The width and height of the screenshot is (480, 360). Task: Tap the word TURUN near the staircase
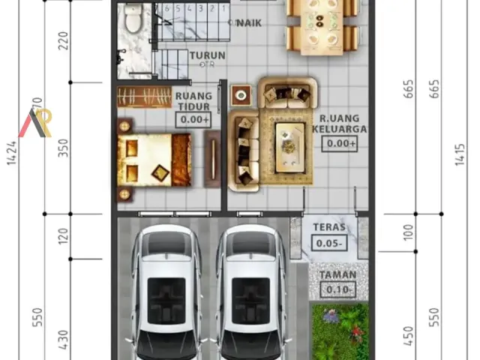207,55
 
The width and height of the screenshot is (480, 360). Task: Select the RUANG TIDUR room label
193,101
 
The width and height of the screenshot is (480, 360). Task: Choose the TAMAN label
337,275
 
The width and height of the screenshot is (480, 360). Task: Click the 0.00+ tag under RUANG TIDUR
194,119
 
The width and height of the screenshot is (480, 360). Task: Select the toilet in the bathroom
133,20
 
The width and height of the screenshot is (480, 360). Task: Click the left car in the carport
166,292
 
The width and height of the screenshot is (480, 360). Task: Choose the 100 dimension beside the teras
408,232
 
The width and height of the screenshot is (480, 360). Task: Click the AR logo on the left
35,122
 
